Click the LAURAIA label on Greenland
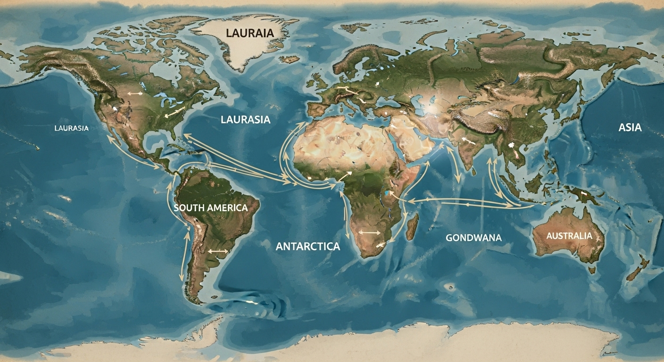point(243,33)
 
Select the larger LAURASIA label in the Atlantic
point(246,120)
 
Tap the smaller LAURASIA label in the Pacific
point(72,128)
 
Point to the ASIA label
point(630,127)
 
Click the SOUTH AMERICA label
point(210,208)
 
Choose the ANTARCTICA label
point(307,246)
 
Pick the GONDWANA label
point(473,238)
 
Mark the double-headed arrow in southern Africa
point(369,232)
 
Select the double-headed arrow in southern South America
point(217,252)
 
